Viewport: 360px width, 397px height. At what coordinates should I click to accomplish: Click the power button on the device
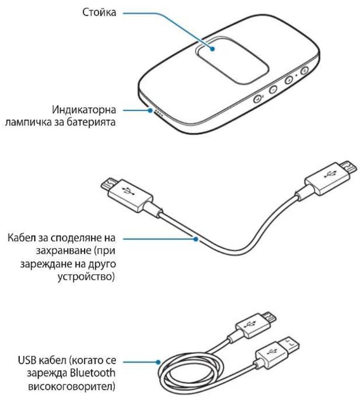304,70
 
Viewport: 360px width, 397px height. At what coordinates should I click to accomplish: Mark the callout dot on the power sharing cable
196,238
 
